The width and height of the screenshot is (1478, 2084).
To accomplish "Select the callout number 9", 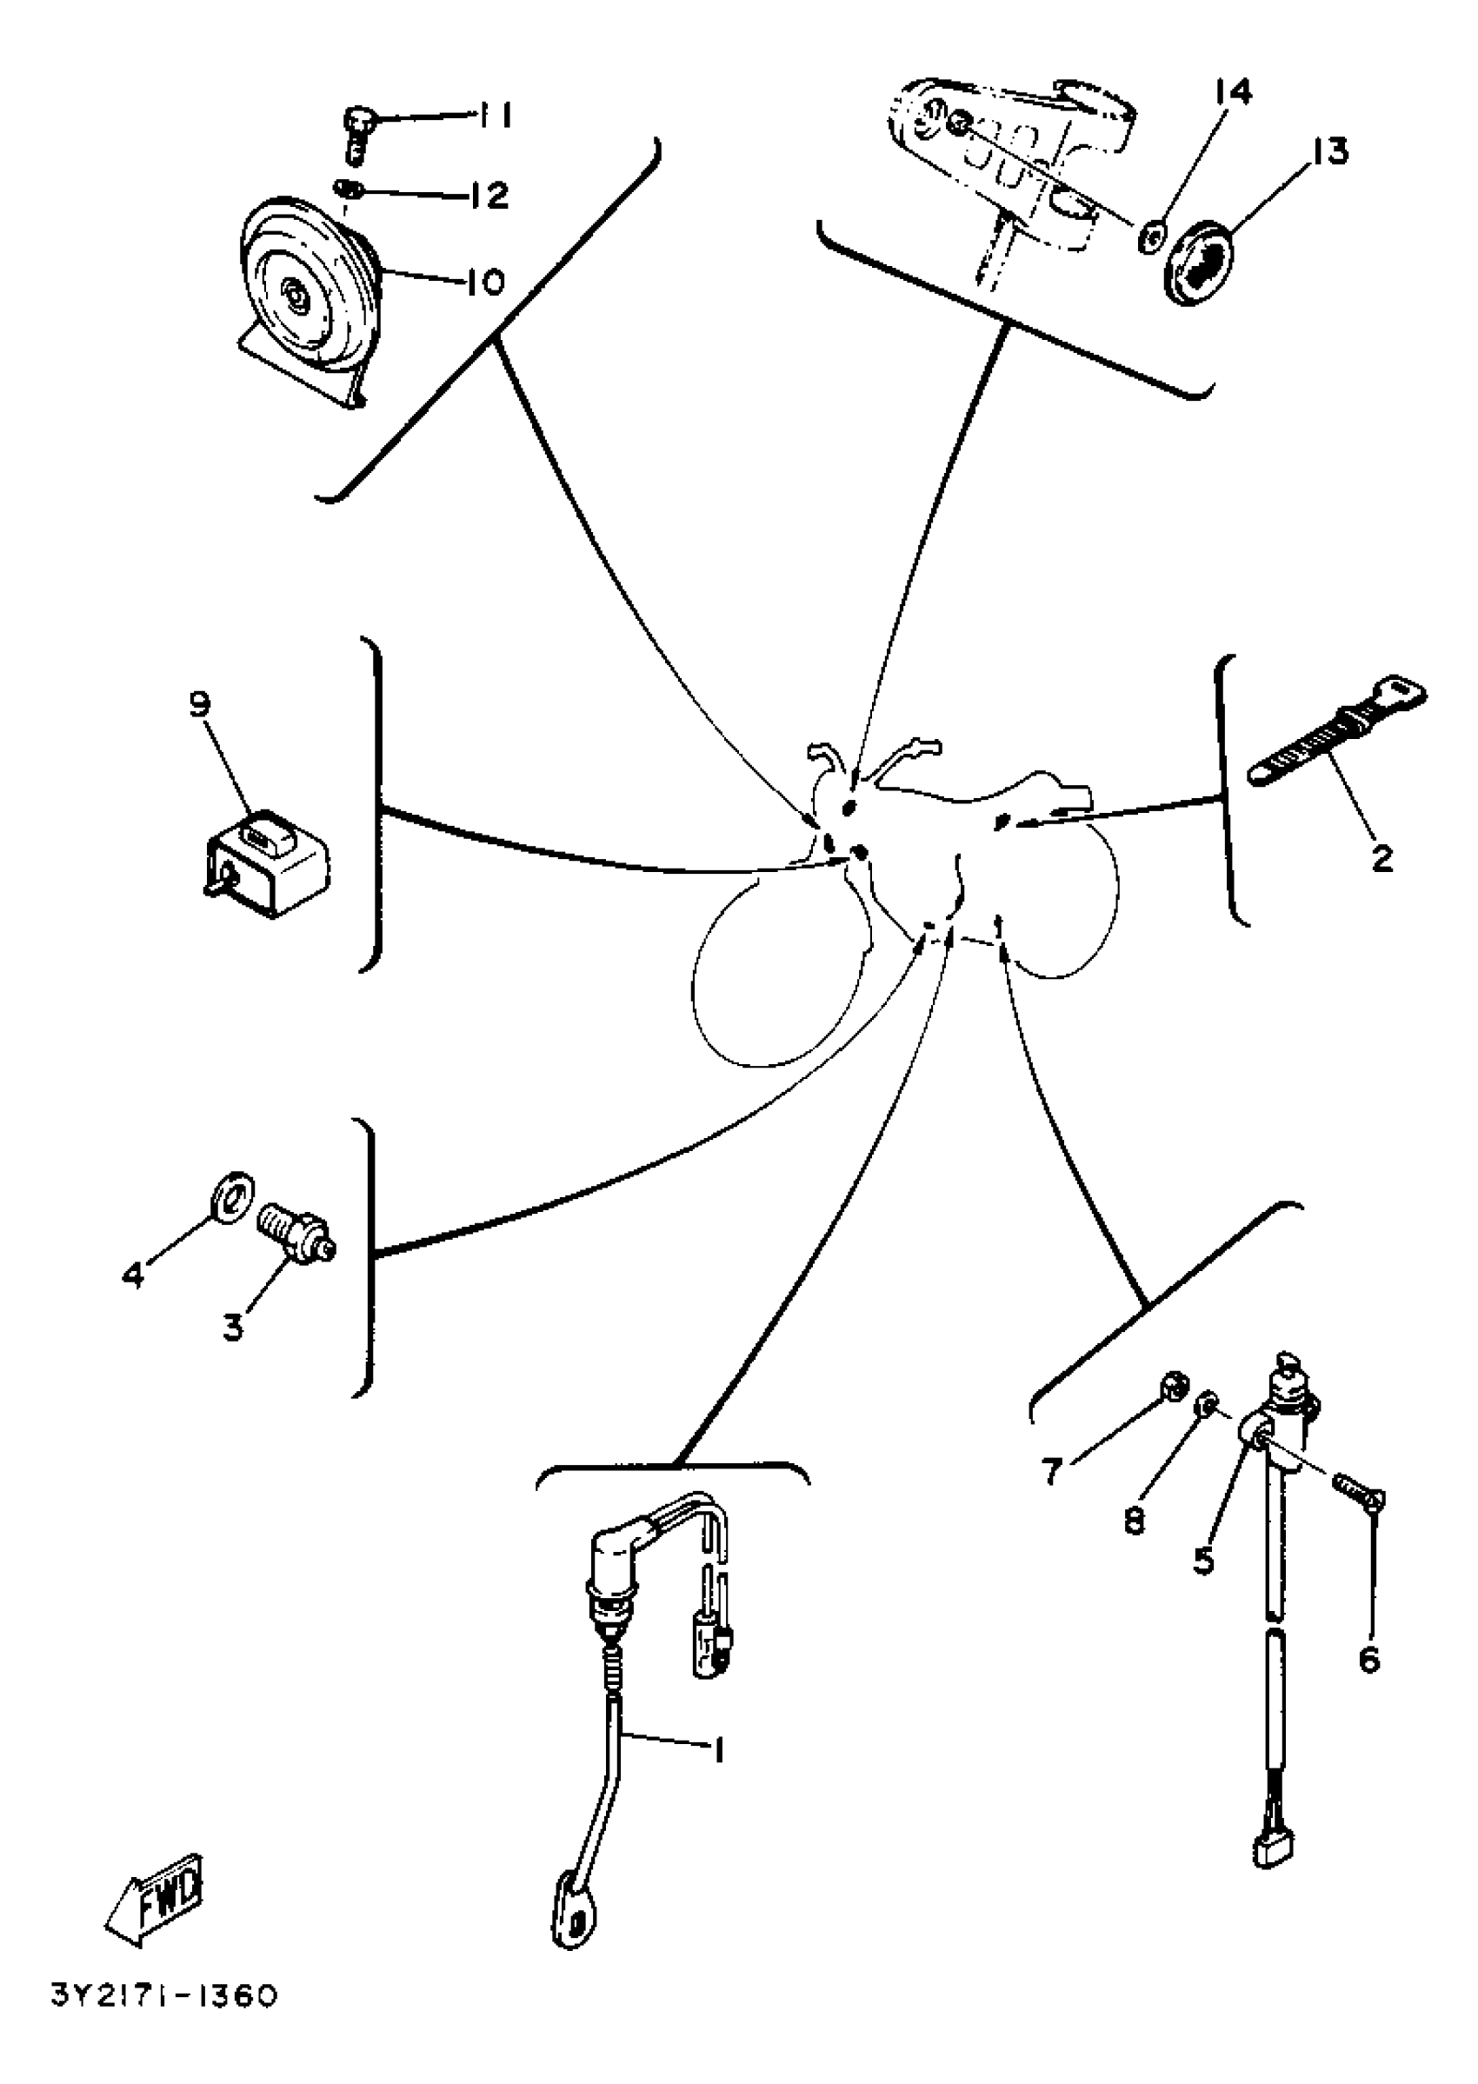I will coord(200,704).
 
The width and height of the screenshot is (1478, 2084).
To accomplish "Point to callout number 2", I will coord(1381,857).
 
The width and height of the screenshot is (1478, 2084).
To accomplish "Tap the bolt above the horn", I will coord(356,134).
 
